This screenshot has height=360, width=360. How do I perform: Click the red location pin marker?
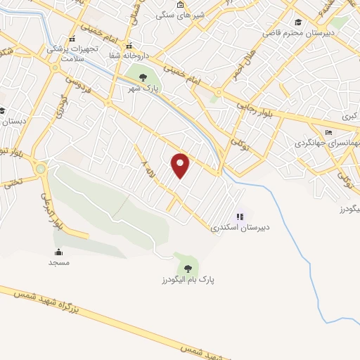point(181,165)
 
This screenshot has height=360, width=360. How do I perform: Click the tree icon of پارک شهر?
point(143,77)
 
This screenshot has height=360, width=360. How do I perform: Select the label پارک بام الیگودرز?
point(187,280)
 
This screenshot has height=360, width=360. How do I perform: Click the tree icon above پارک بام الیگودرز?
point(187,268)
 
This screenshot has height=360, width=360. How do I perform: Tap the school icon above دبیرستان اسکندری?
point(240,217)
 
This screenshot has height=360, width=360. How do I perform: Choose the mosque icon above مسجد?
point(58,252)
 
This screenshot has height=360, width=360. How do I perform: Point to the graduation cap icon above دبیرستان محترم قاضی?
point(298,22)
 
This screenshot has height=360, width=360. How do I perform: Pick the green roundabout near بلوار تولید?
point(41,169)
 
